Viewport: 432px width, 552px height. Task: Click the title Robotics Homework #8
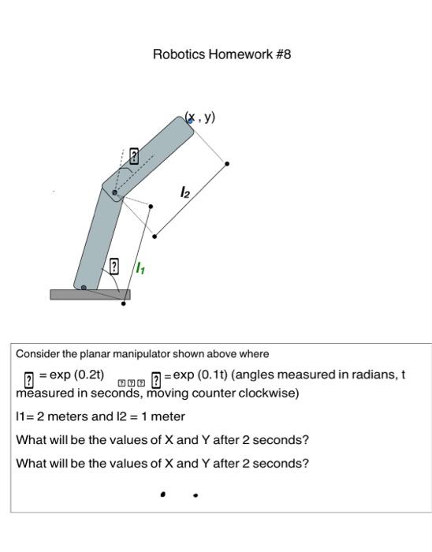click(x=222, y=54)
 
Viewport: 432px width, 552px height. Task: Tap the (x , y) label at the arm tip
click(x=200, y=118)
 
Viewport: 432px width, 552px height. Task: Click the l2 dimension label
click(x=184, y=192)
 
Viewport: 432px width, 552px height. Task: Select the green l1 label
click(x=140, y=269)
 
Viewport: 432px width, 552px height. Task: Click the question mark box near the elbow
click(x=134, y=156)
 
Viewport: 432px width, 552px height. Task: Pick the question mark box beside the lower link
click(x=114, y=266)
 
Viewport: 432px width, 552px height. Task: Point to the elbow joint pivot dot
click(x=115, y=192)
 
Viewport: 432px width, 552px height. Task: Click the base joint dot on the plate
click(x=84, y=288)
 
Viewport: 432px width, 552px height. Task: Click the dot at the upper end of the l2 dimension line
click(x=228, y=164)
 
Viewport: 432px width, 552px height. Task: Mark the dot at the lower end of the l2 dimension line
click(x=155, y=236)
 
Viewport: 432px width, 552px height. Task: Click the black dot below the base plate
click(x=123, y=304)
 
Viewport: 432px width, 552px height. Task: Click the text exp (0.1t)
click(x=200, y=375)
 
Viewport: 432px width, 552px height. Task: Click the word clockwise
click(x=268, y=393)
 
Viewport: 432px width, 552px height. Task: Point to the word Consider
click(x=38, y=354)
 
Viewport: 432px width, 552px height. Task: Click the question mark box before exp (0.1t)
click(x=156, y=379)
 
